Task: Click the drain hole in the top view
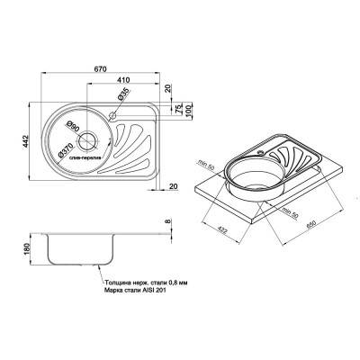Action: click(88, 139)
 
